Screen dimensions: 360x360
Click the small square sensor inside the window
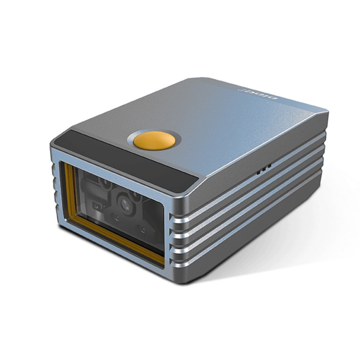click(96, 206)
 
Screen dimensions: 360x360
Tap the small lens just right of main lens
click(135, 197)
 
